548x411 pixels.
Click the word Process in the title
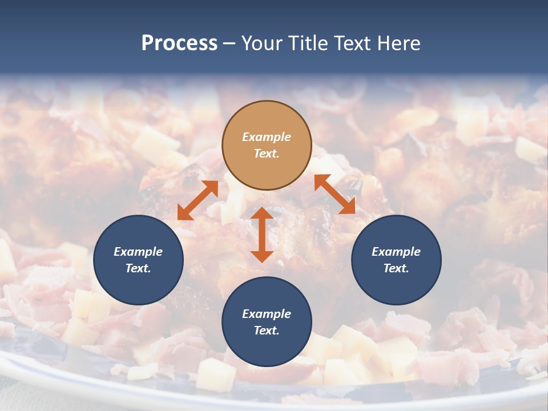click(x=179, y=43)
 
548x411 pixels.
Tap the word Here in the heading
click(x=398, y=43)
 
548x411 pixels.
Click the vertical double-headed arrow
click(x=262, y=235)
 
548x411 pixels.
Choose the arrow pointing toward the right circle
click(x=335, y=194)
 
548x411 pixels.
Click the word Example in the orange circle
click(x=267, y=137)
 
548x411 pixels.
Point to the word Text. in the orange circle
click(x=267, y=154)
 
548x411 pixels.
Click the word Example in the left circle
click(x=138, y=252)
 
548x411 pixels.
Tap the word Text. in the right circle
click(x=396, y=268)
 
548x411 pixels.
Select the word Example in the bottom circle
click(x=267, y=314)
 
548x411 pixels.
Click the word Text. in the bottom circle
click(x=267, y=331)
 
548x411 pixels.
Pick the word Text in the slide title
click(x=352, y=43)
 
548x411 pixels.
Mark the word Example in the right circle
click(x=396, y=252)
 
